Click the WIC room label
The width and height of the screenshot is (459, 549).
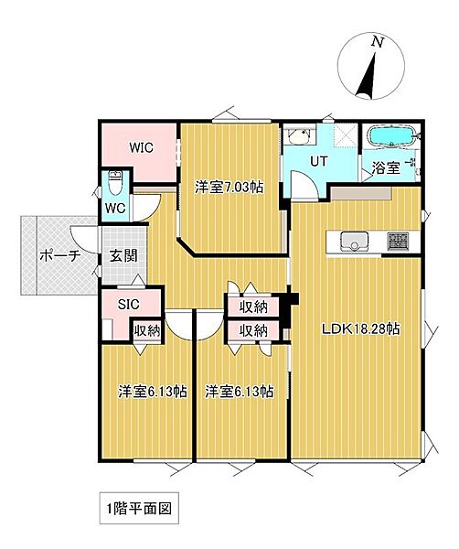tap(141, 146)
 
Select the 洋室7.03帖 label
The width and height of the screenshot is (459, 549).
tap(229, 187)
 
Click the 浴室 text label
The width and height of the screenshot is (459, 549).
tap(385, 168)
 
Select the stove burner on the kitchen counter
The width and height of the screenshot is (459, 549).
tap(400, 242)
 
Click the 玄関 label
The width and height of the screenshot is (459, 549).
tap(123, 256)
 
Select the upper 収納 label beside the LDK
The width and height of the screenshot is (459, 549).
tap(253, 307)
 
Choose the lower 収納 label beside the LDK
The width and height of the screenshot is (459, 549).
tap(253, 329)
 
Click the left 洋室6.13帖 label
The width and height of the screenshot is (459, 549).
tap(152, 392)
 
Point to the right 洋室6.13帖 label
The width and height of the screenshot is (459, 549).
tap(240, 392)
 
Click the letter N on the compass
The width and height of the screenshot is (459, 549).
tap(376, 42)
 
